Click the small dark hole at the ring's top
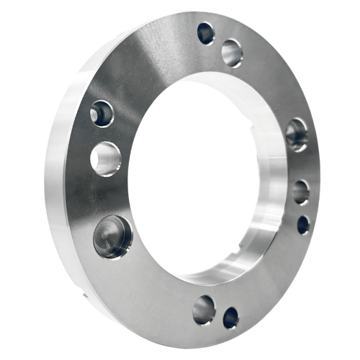pyautogui.click(x=206, y=32)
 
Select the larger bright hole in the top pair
pyautogui.click(x=232, y=53)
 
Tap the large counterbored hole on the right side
pyautogui.click(x=296, y=134)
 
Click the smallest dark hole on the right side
pyautogui.click(x=303, y=224)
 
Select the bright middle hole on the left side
pyautogui.click(x=107, y=158)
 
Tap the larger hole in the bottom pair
pyautogui.click(x=204, y=310)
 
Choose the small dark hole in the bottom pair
pyautogui.click(x=230, y=318)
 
